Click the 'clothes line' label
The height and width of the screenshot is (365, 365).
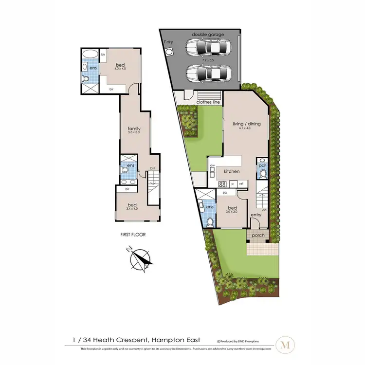point(208,102)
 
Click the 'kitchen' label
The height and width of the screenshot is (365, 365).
point(232,172)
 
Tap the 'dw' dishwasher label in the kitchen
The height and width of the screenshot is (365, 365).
point(212,165)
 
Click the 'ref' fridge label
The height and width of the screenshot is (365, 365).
point(241,184)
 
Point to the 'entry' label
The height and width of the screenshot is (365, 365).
point(256,215)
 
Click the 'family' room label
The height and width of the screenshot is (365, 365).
point(134,128)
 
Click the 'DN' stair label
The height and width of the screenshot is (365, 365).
point(152,168)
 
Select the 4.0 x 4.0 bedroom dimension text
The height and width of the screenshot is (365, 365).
point(121,69)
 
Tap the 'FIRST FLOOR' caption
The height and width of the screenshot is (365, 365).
point(132,235)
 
